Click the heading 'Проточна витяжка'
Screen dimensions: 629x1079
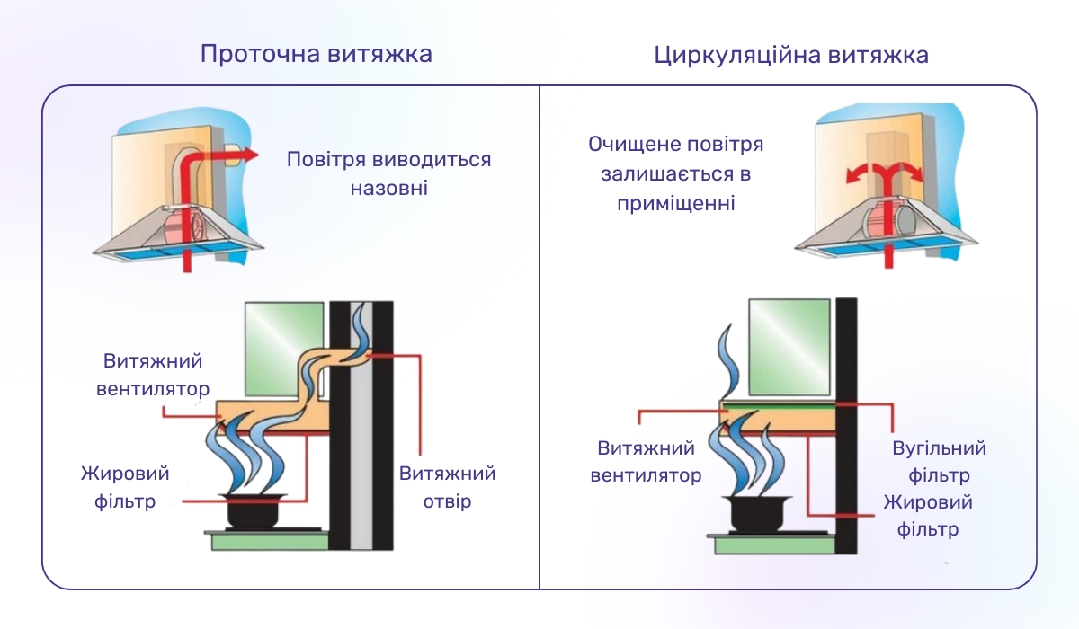coord(316,54)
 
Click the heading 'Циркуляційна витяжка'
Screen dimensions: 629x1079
coord(791,56)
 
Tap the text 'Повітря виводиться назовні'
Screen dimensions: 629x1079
coord(388,174)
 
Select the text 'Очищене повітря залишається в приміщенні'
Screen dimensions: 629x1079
coord(676,174)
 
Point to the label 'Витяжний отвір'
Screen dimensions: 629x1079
coord(447,487)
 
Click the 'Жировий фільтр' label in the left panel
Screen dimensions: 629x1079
coord(125,487)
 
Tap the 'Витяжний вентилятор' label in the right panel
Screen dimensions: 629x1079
coord(646,461)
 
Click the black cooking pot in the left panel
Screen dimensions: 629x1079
coord(255,512)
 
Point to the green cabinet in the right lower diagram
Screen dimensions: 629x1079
coord(789,345)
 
